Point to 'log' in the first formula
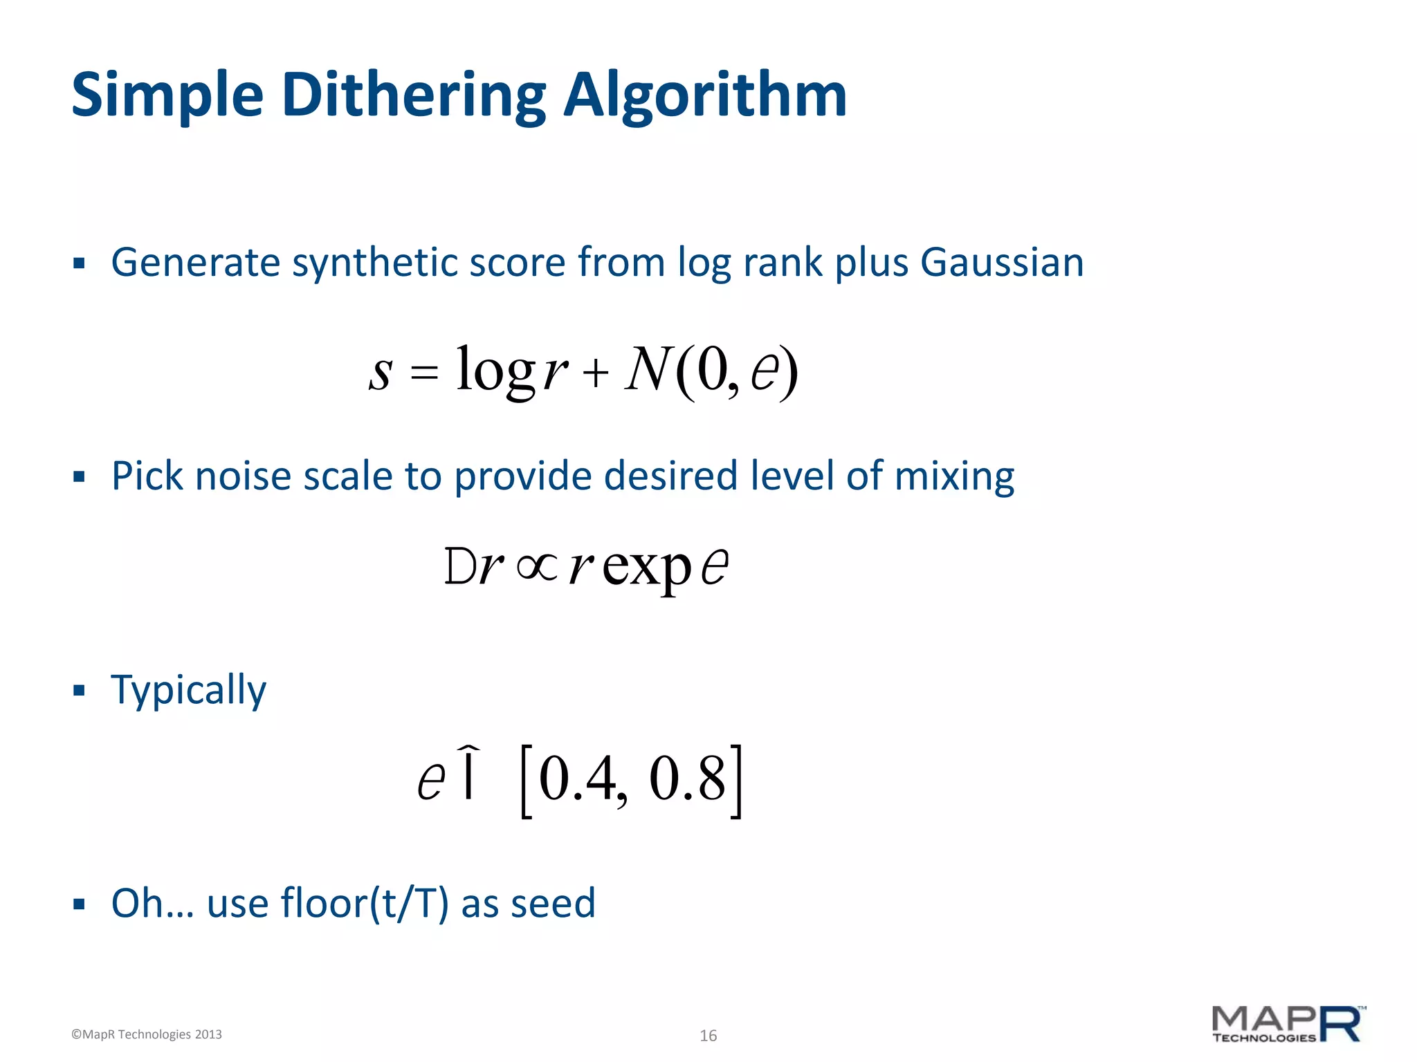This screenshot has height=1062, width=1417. (x=495, y=371)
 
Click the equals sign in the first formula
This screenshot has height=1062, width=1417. (x=424, y=373)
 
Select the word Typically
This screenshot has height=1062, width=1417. (x=188, y=690)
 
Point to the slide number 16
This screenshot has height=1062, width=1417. (x=708, y=1036)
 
